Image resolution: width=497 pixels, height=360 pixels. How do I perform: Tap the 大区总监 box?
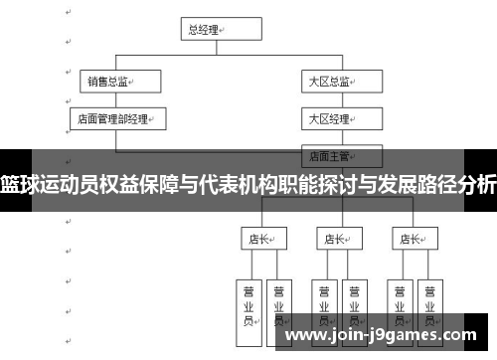(x=341, y=82)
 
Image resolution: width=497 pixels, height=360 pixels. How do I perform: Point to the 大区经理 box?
(x=341, y=118)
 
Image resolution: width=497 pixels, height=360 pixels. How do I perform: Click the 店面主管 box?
(x=341, y=155)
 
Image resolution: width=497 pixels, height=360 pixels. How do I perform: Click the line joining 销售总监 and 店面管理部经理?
(x=117, y=99)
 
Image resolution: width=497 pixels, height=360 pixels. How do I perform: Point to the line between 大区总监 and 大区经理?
(x=341, y=99)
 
